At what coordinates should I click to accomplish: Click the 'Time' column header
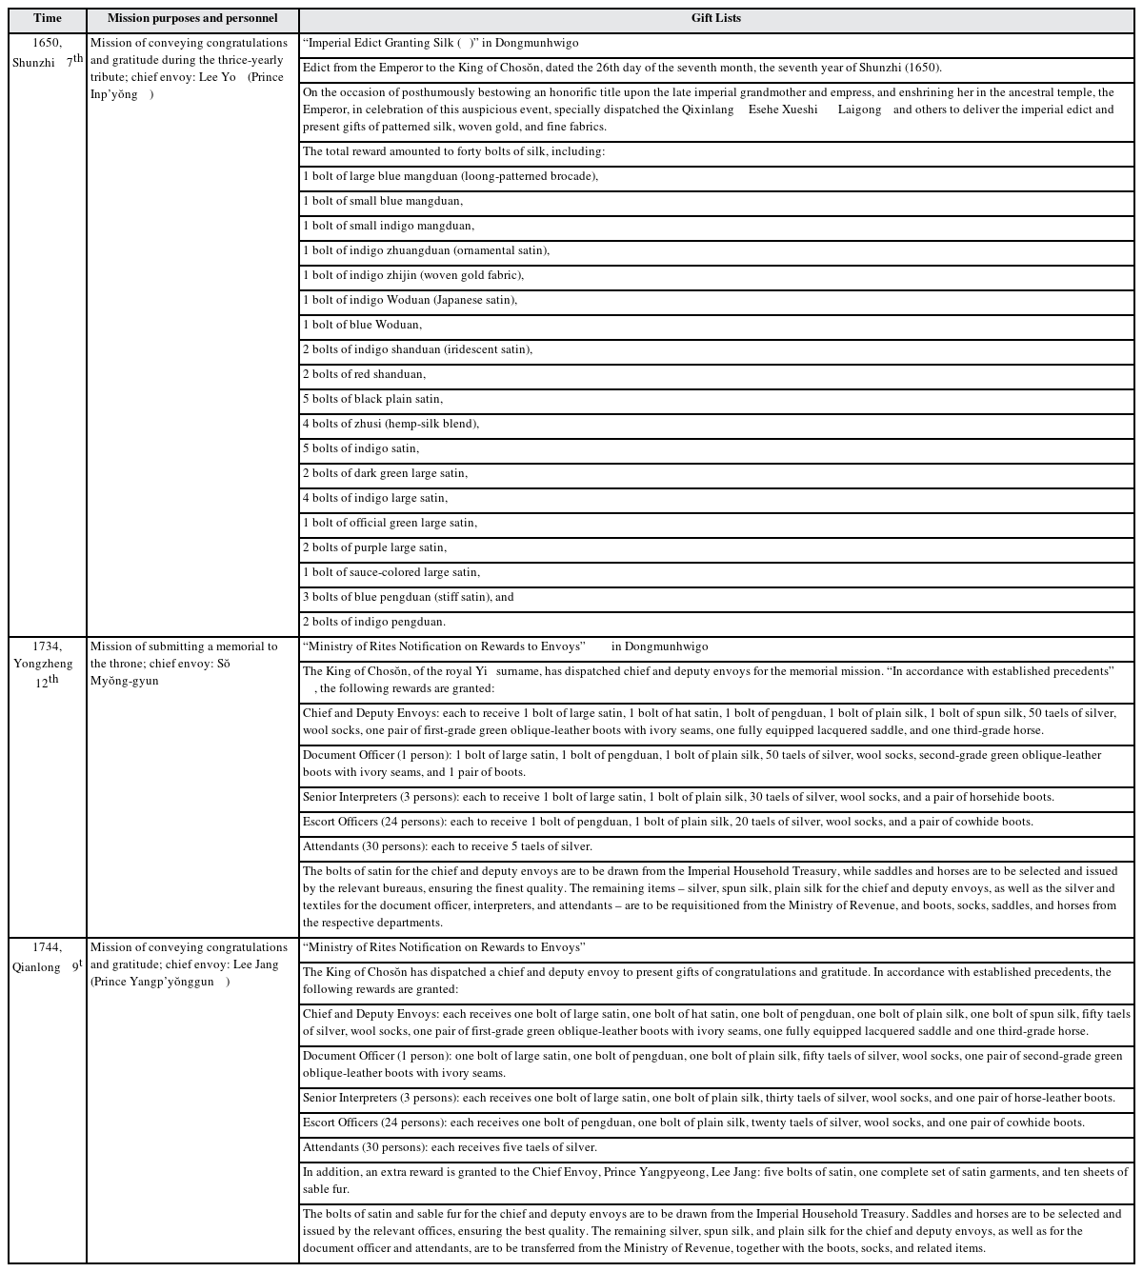pos(47,18)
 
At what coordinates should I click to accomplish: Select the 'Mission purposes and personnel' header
pos(192,18)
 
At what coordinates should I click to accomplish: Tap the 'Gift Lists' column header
pos(716,18)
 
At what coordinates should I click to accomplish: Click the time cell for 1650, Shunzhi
pos(47,52)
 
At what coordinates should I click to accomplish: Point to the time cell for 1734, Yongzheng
pos(47,663)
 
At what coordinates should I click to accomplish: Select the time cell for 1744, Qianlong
pos(47,957)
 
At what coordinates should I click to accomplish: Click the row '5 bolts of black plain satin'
pos(373,399)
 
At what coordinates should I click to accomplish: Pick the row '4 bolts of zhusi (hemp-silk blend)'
pos(391,424)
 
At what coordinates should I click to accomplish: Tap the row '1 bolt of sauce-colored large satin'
pos(391,572)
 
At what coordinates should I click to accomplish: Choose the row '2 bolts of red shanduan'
pos(365,374)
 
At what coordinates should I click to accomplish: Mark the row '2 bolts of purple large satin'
pos(374,547)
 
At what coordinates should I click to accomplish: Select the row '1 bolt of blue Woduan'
pos(362,325)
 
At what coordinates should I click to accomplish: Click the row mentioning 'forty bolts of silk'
pos(454,151)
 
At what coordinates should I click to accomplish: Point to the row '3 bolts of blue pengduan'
pos(409,597)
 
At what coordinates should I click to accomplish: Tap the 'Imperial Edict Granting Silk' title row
pos(441,43)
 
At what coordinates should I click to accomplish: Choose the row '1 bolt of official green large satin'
pos(391,523)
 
